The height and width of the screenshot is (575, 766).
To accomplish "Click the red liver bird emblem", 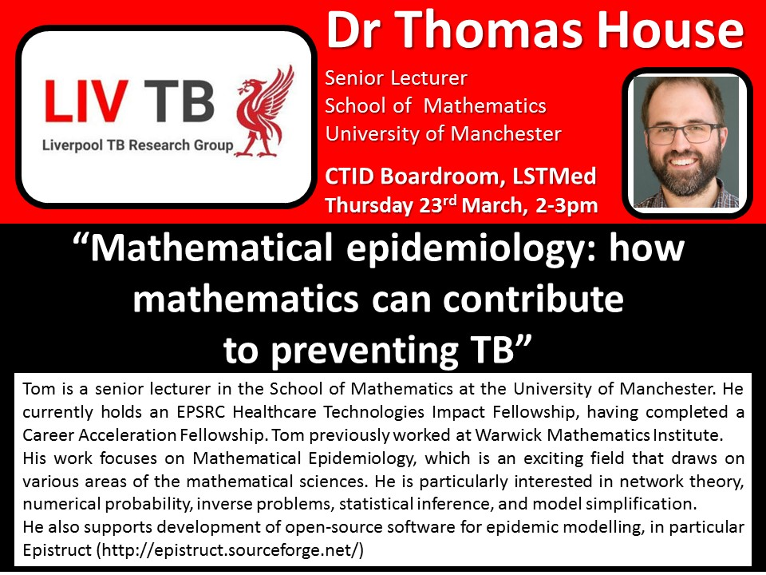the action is click(264, 112).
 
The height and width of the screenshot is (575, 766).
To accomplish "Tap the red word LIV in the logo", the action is click(86, 101).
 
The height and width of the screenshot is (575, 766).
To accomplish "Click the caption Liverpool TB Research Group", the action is click(138, 145).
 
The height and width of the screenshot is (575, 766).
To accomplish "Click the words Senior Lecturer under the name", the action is click(397, 77).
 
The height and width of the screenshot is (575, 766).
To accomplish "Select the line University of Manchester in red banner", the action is click(443, 133).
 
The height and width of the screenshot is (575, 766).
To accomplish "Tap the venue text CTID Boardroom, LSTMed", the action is click(460, 176).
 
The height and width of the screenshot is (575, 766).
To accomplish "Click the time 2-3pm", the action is click(567, 205).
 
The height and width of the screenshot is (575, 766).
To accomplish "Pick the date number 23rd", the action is click(438, 204).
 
